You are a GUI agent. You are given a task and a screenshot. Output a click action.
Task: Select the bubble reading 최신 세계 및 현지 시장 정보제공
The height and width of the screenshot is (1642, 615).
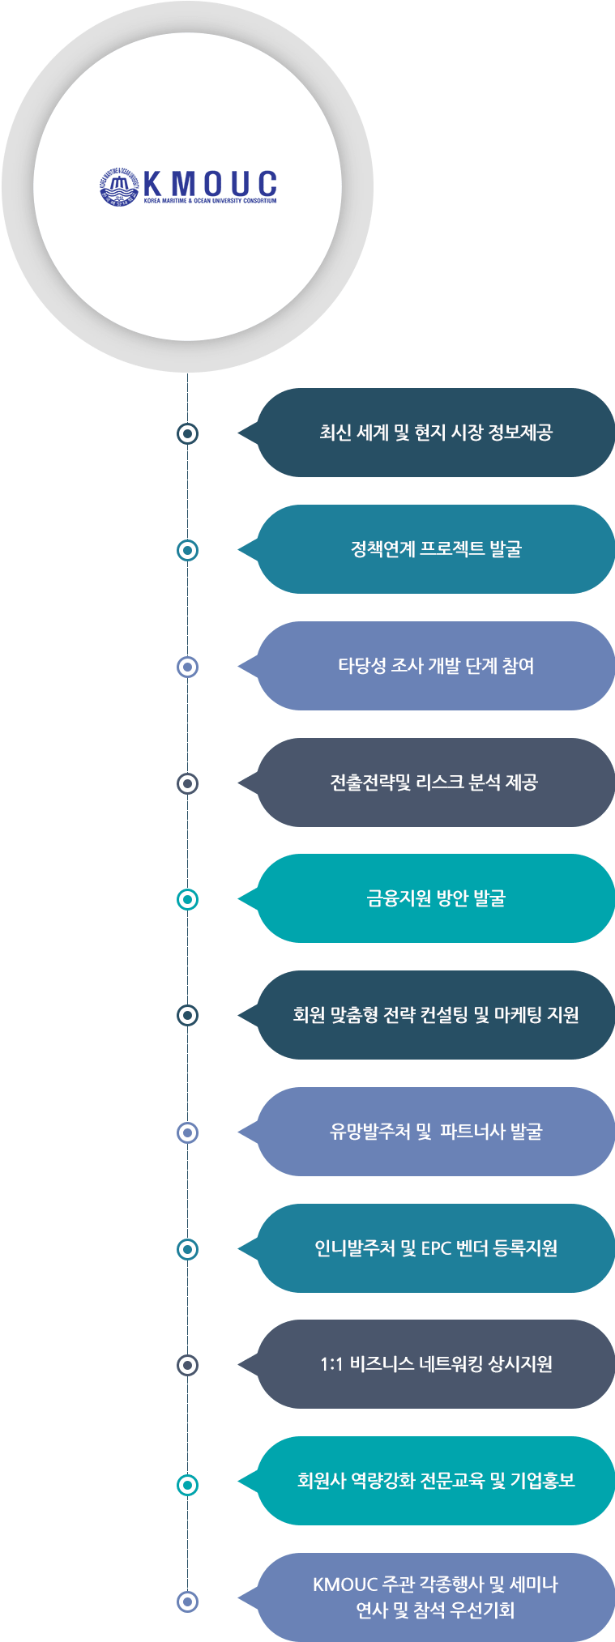point(435,433)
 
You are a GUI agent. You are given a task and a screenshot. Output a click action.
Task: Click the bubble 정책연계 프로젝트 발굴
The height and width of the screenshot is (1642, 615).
point(435,549)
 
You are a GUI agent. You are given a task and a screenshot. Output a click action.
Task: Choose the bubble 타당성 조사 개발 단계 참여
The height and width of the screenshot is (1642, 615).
point(435,666)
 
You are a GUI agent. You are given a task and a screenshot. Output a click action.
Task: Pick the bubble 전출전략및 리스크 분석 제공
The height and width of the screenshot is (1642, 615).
point(435,783)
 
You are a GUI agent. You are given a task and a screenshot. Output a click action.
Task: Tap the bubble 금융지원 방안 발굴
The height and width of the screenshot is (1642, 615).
point(435,898)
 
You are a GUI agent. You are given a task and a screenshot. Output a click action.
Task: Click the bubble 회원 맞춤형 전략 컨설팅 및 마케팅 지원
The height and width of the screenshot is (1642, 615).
point(435,1015)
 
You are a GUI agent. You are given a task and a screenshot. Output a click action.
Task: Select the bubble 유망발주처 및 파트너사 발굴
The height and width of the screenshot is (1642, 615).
point(435,1132)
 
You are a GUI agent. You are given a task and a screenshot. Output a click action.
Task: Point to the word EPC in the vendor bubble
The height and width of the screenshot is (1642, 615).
point(436,1248)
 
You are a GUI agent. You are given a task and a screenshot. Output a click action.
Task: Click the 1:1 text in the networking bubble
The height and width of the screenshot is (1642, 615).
point(331,1365)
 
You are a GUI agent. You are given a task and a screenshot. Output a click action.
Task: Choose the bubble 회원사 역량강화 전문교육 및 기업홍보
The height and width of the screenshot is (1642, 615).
point(435,1481)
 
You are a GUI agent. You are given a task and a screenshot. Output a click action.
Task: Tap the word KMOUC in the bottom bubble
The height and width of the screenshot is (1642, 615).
point(346,1584)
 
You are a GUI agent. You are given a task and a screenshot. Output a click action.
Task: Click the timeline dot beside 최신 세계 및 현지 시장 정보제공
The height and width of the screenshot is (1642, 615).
point(187,433)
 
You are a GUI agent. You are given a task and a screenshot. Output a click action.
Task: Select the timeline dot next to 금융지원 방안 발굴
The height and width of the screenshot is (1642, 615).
point(187,899)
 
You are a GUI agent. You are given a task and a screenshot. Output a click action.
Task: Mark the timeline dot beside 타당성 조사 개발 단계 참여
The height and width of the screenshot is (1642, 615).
point(187,667)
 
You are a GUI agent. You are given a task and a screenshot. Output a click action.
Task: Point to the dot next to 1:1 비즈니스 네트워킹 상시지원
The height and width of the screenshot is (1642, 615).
point(187,1365)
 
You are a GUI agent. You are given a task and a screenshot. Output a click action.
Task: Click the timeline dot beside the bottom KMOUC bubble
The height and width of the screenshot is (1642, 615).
point(187,1601)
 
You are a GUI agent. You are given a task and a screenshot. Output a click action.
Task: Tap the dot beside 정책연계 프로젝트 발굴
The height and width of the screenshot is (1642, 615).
point(187,550)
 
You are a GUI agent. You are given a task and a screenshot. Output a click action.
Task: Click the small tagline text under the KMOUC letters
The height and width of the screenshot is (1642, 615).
point(210,201)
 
